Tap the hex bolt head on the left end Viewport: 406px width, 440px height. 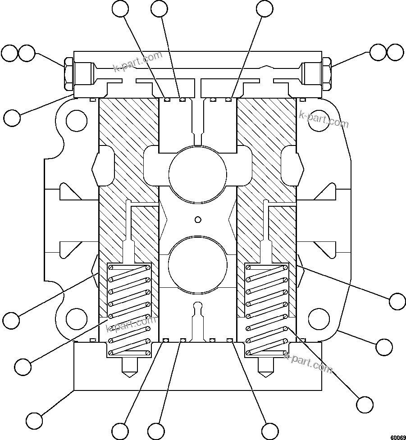(x=68, y=73)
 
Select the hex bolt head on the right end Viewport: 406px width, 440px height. (x=328, y=73)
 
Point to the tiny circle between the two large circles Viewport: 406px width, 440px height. (x=197, y=219)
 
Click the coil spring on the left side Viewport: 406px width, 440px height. (x=128, y=310)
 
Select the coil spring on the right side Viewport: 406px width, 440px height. (x=266, y=310)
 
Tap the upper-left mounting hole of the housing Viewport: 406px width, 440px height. (x=76, y=121)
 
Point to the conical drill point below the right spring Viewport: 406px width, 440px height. (x=266, y=369)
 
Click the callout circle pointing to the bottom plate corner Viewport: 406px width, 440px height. (x=34, y=420)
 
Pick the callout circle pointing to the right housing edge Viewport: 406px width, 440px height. (x=384, y=347)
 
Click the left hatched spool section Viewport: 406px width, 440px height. (x=128, y=180)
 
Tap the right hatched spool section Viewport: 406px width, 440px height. (x=266, y=180)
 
